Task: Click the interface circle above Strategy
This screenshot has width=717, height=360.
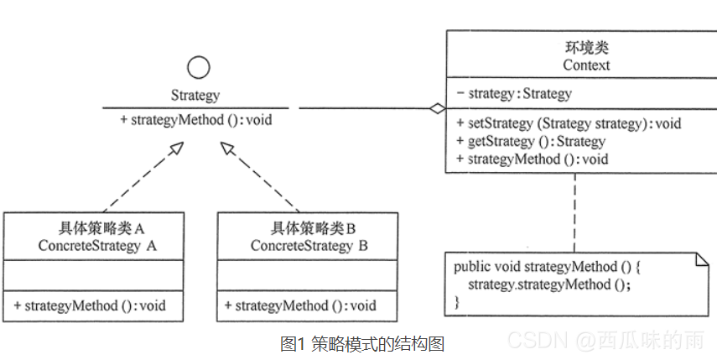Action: (198, 68)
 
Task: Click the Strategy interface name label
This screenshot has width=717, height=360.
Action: (196, 96)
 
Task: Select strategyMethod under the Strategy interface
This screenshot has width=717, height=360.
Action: (195, 120)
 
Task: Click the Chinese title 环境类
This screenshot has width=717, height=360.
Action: (574, 48)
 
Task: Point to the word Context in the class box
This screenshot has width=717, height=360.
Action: (574, 65)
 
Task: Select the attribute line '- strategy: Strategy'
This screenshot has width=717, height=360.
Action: (514, 93)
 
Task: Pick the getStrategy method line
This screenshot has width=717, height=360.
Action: (531, 141)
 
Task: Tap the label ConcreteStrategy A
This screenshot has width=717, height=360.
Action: (98, 245)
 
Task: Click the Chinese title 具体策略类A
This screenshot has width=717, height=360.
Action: (97, 228)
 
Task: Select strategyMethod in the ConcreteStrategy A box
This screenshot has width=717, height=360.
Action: (89, 305)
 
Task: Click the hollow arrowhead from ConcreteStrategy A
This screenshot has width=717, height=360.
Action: (174, 148)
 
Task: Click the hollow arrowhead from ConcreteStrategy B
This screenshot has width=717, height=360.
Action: (227, 148)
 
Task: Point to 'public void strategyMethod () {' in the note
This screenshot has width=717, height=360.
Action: (548, 267)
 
